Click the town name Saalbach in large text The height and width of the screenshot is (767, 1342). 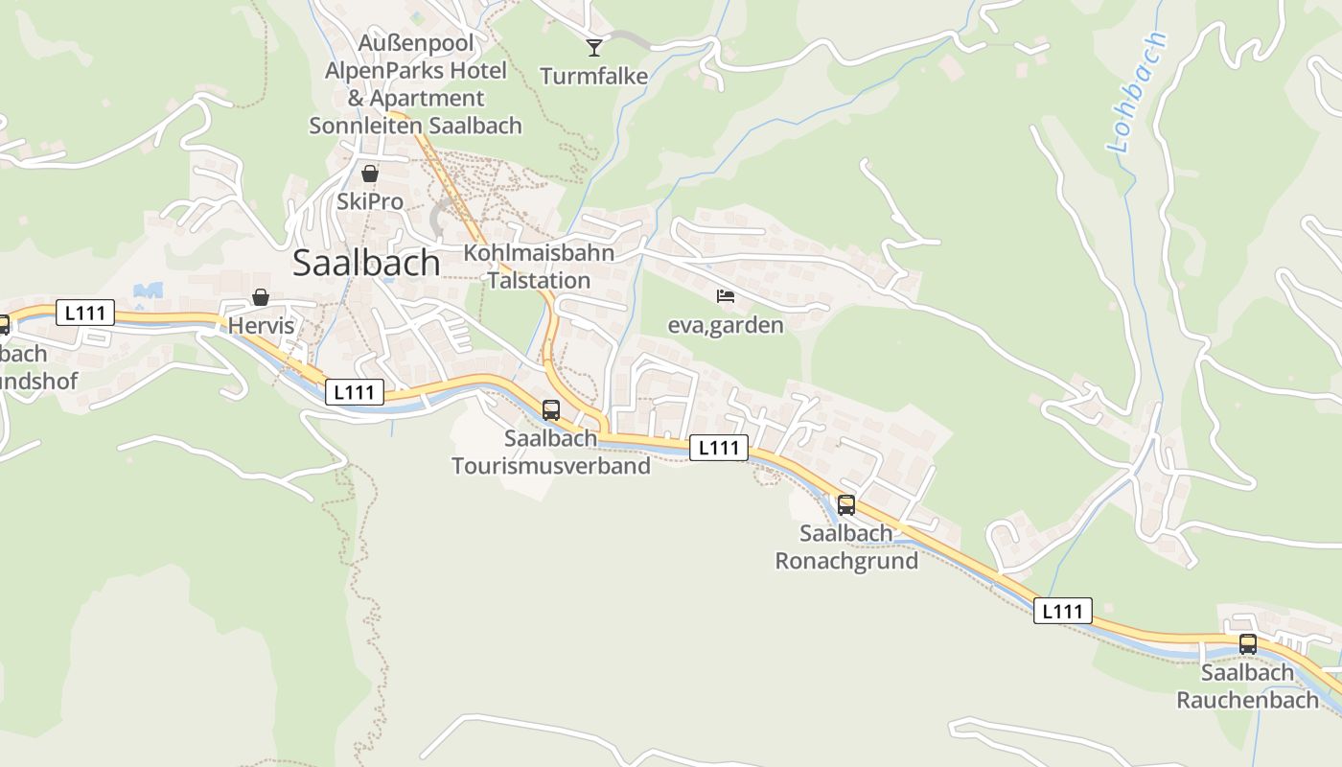pyautogui.click(x=366, y=263)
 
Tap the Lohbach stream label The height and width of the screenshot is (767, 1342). pyautogui.click(x=1138, y=93)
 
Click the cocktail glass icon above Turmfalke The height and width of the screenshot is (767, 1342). pyautogui.click(x=594, y=47)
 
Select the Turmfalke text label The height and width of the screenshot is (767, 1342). pyautogui.click(x=594, y=76)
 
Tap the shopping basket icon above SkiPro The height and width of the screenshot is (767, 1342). pyautogui.click(x=370, y=174)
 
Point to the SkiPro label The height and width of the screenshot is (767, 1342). pyautogui.click(x=370, y=202)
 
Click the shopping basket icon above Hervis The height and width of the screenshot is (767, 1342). pyautogui.click(x=261, y=298)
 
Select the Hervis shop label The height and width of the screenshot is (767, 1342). pyautogui.click(x=261, y=326)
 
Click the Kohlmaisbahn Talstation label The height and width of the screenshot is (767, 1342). pyautogui.click(x=539, y=267)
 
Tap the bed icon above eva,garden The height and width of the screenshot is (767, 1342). pyautogui.click(x=726, y=296)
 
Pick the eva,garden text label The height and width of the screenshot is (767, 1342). pyautogui.click(x=726, y=325)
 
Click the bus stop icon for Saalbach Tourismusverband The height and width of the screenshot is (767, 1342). pyautogui.click(x=551, y=410)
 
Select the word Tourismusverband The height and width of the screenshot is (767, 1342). pyautogui.click(x=551, y=466)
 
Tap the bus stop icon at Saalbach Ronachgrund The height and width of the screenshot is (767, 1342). pyautogui.click(x=846, y=504)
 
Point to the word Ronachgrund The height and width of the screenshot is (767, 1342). pyautogui.click(x=846, y=561)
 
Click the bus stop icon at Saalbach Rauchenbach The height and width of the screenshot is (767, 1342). pyautogui.click(x=1248, y=644)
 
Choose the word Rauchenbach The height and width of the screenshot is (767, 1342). pyautogui.click(x=1248, y=700)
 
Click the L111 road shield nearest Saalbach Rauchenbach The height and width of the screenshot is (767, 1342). pyautogui.click(x=1063, y=611)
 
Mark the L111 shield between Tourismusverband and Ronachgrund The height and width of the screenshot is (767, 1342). pyautogui.click(x=718, y=447)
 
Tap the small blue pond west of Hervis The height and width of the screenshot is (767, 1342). pyautogui.click(x=149, y=290)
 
